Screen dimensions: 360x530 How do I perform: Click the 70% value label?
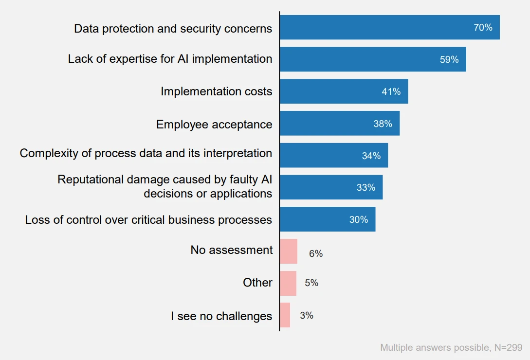[x=483, y=28]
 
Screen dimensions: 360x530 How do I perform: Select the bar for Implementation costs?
[x=344, y=91]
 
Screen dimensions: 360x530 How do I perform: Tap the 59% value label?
[x=449, y=59]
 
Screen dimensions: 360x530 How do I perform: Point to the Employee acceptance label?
[x=214, y=124]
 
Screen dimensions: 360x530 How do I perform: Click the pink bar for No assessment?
[x=288, y=252]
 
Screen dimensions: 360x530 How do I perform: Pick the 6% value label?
[x=316, y=253]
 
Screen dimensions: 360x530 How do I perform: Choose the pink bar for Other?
[x=288, y=283]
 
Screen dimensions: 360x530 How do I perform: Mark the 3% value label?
[x=307, y=315]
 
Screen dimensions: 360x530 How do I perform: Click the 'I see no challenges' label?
[x=221, y=316]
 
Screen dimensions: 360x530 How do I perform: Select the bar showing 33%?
[x=331, y=187]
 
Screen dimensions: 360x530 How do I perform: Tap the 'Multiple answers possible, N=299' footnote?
[x=451, y=347]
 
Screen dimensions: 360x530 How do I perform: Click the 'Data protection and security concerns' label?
[x=173, y=28]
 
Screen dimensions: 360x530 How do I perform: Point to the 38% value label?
[x=383, y=124]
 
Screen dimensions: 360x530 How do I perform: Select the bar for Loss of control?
[x=327, y=219]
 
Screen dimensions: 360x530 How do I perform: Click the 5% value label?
[x=311, y=283]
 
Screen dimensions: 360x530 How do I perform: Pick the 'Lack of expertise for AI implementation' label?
[x=170, y=59]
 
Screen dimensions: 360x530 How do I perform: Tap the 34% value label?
[x=371, y=156]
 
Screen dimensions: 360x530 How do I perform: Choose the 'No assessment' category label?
[x=232, y=250]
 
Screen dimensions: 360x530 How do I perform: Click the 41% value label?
[x=391, y=91]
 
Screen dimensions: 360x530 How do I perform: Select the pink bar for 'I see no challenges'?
[x=285, y=315]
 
